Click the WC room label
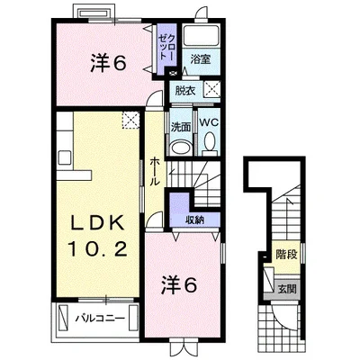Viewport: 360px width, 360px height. click(209, 122)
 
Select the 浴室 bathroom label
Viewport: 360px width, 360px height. click(201, 59)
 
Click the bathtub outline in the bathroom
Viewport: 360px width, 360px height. click(201, 36)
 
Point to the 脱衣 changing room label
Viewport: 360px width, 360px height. click(185, 91)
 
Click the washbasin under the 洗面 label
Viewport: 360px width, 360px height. click(181, 148)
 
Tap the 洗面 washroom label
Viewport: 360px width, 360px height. click(181, 127)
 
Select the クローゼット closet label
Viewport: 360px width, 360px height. click(166, 48)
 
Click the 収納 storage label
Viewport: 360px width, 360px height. click(194, 220)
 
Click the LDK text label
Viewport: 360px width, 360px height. click(97, 223)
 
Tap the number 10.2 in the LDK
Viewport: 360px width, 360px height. click(97, 249)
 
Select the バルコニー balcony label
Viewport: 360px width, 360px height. click(99, 319)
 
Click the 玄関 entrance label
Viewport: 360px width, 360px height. click(287, 289)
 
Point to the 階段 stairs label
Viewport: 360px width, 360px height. click(286, 255)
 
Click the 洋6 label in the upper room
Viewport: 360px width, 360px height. click(108, 63)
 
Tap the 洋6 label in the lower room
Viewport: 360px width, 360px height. click(179, 285)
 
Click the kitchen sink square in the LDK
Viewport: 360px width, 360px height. click(65, 157)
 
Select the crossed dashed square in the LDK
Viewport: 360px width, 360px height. click(130, 120)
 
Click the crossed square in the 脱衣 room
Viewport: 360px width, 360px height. click(212, 89)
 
